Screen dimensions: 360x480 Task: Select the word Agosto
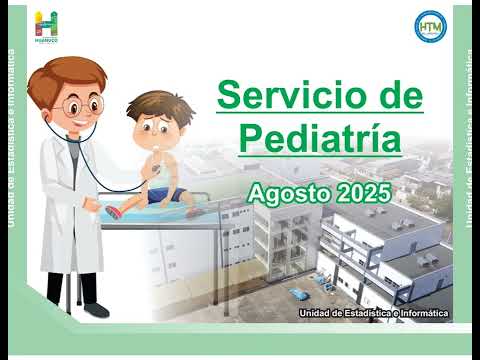point(285,190)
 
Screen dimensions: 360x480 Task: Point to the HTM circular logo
point(428,26)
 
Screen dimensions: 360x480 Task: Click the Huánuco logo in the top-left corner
point(46,27)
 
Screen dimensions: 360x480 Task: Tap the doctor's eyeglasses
point(80,104)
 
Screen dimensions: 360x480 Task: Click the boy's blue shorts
point(158,194)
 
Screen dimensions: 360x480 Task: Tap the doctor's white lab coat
point(60,200)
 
